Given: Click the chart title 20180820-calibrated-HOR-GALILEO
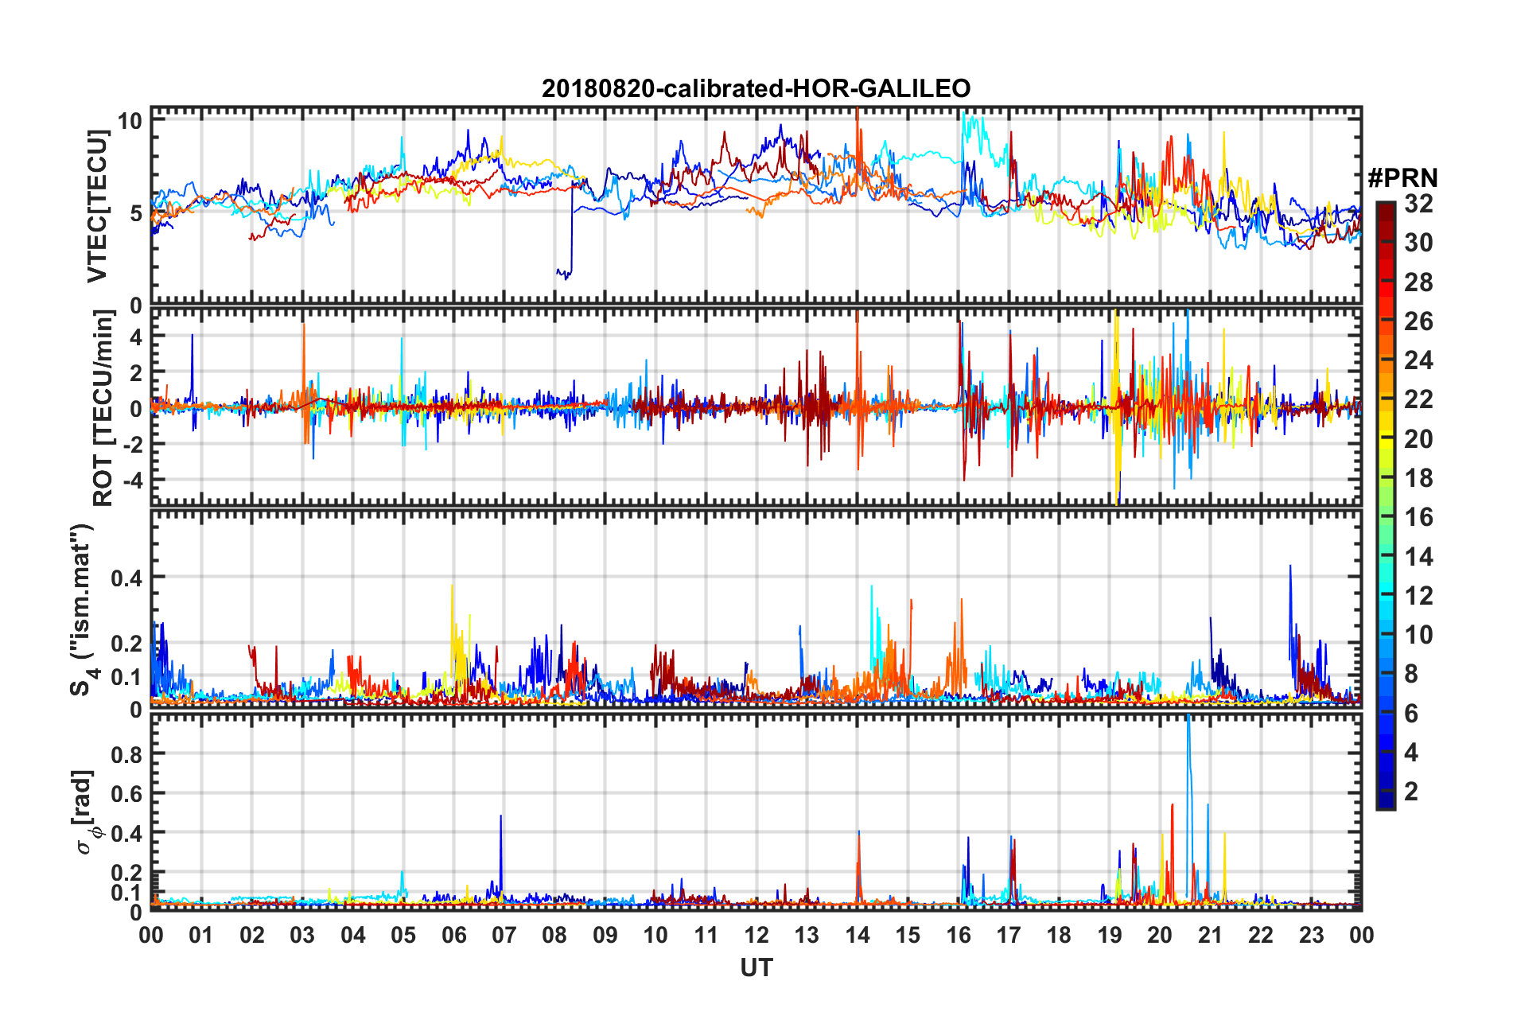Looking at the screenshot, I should click(756, 88).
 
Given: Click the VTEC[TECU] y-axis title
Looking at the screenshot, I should click(97, 206).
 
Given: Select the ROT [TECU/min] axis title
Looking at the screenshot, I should click(103, 407).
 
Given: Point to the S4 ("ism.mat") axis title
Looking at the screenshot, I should click(83, 609).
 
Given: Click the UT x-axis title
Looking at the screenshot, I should click(756, 967).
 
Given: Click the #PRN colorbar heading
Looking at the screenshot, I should click(1402, 178).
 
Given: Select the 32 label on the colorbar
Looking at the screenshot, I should click(1418, 204).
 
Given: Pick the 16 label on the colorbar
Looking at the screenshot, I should click(1418, 517).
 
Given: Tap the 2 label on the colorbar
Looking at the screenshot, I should click(1411, 791).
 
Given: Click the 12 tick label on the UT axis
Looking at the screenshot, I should click(756, 935).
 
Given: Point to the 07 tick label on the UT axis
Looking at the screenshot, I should click(504, 935).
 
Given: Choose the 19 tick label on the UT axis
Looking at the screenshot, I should click(1110, 935).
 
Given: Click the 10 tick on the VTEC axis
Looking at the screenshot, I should click(130, 121).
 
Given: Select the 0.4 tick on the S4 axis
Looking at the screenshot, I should click(126, 578).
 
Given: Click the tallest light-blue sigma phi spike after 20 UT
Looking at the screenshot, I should click(1188, 718).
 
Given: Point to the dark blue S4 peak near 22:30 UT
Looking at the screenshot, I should click(1289, 566).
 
